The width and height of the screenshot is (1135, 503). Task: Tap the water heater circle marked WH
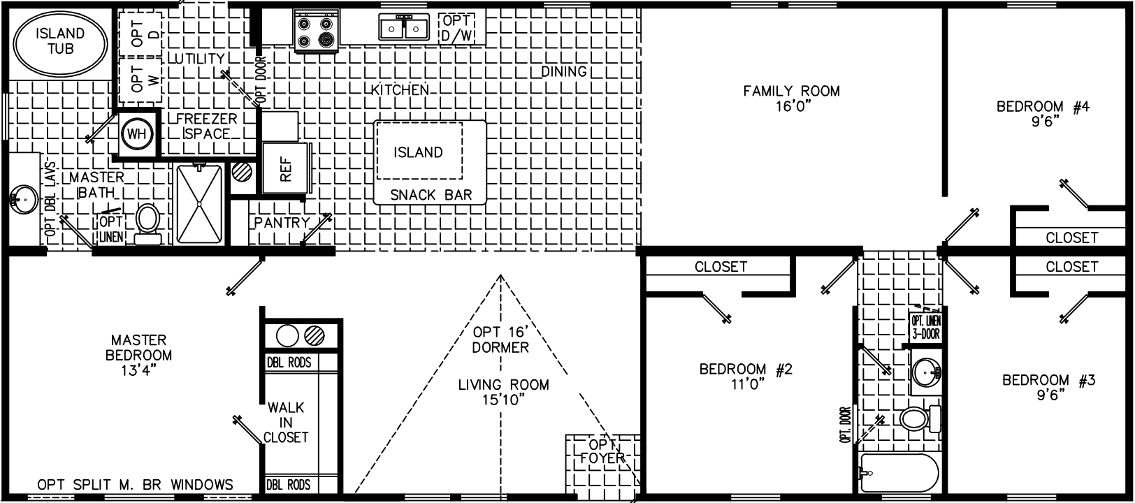pos(137,134)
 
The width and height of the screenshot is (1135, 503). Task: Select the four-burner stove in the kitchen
pos(315,31)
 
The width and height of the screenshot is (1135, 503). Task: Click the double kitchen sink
pos(404,28)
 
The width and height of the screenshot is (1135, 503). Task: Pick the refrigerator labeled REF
pos(284,168)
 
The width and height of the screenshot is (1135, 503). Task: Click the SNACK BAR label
pos(431,195)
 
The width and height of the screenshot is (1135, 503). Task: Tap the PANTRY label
pos(282,222)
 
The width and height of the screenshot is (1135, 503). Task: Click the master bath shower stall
pos(200,203)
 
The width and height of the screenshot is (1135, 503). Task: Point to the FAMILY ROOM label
pos(791,91)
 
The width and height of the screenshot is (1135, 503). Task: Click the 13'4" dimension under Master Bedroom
pos(138,370)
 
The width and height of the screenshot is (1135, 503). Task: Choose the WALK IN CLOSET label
pos(286,422)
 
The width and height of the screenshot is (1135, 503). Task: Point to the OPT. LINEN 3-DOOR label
pos(925,326)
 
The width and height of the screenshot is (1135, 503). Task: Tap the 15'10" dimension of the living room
pos(503,400)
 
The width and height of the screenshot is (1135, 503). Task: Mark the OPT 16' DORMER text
pos(500,339)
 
